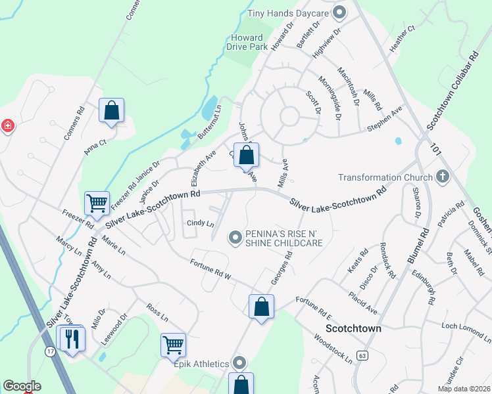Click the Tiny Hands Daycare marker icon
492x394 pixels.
click(x=339, y=12)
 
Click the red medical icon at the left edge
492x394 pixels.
click(x=7, y=125)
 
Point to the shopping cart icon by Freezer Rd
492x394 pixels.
click(x=97, y=204)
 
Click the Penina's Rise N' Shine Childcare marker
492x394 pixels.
click(x=235, y=238)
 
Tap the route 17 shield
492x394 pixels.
click(x=50, y=352)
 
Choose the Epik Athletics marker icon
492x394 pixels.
click(x=239, y=362)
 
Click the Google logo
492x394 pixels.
click(x=22, y=386)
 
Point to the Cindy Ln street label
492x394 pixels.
click(x=201, y=224)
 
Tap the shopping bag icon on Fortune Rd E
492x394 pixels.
click(x=261, y=306)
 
